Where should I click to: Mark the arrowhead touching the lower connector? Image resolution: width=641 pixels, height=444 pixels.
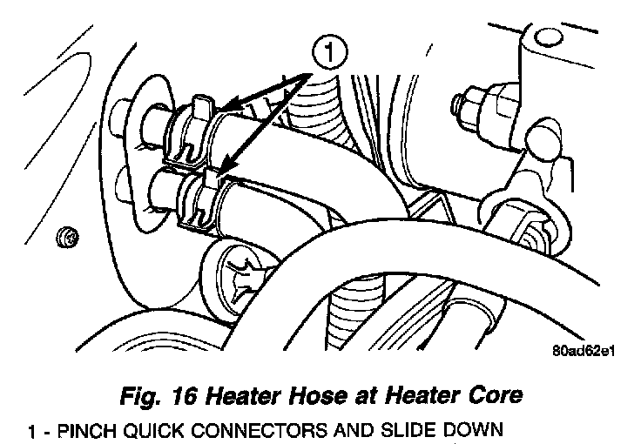point(222,168)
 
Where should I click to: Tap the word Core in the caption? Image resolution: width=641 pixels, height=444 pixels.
point(494,396)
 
